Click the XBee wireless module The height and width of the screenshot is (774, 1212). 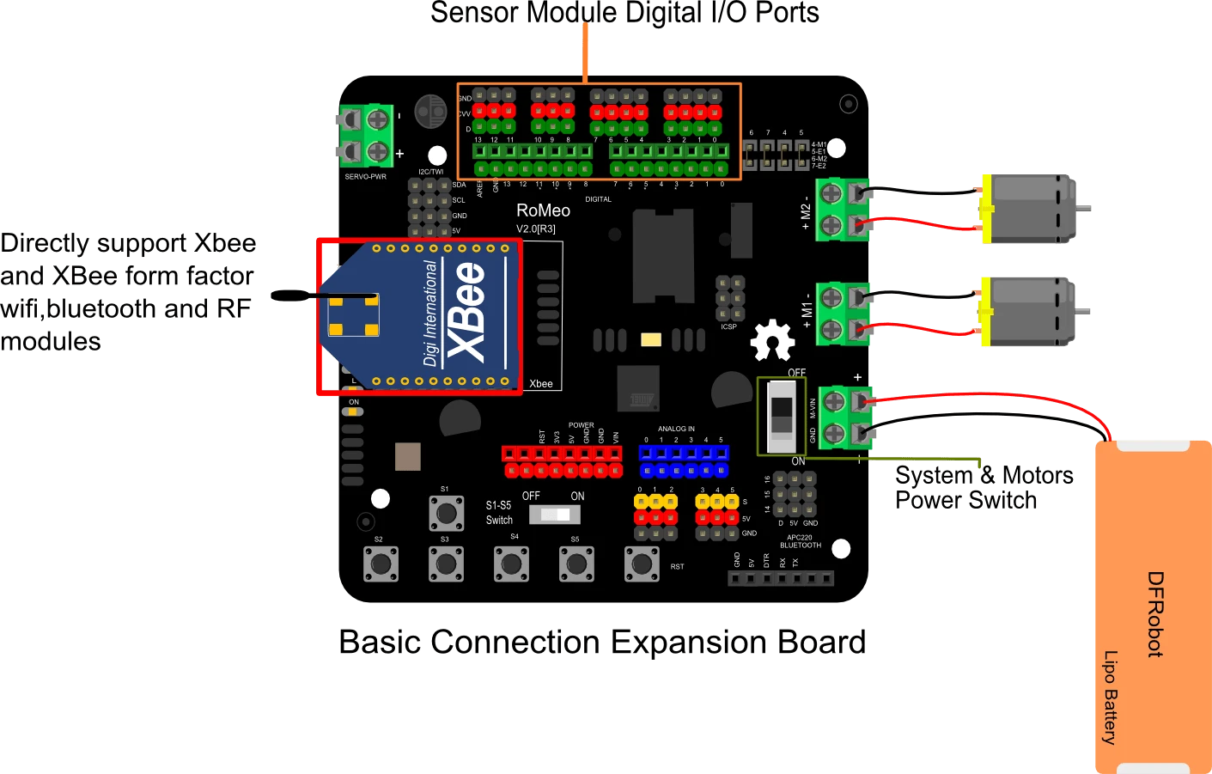click(x=421, y=316)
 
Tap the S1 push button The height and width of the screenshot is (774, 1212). click(x=446, y=514)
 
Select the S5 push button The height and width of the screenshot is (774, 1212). click(x=576, y=564)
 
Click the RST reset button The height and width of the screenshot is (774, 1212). click(x=642, y=564)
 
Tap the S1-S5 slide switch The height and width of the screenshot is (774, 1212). click(x=554, y=515)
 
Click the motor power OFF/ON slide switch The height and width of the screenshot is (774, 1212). click(x=781, y=417)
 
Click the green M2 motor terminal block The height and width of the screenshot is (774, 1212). click(x=843, y=209)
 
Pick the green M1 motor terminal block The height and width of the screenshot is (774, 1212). click(x=843, y=314)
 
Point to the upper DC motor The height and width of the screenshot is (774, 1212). click(x=1029, y=209)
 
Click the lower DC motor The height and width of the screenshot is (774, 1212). click(x=1029, y=312)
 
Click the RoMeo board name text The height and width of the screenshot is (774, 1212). click(x=543, y=210)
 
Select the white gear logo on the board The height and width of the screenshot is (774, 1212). click(x=772, y=340)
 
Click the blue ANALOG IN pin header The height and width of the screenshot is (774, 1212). click(x=684, y=461)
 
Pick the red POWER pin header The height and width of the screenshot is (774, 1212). click(x=563, y=461)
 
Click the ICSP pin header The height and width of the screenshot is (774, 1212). click(x=730, y=298)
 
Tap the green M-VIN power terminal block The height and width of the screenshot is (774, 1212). click(x=844, y=417)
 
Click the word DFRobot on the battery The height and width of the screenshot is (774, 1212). click(x=1155, y=614)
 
